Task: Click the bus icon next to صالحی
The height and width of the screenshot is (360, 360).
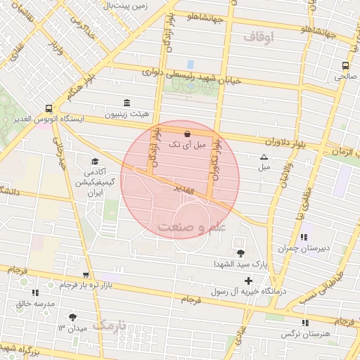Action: coord(345,66)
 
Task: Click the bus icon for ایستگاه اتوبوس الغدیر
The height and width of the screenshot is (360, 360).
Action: coord(49,108)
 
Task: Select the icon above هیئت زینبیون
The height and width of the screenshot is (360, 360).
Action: coord(127,103)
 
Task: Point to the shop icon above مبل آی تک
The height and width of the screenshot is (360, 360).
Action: coord(187,134)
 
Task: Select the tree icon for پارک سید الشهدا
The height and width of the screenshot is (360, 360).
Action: coord(241,253)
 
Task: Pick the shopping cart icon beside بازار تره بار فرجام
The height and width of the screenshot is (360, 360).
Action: coord(86,274)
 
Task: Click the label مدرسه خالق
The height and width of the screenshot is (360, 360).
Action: coord(34,303)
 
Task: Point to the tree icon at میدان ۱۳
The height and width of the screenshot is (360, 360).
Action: coord(72,317)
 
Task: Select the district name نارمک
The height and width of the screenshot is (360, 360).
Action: coord(111,326)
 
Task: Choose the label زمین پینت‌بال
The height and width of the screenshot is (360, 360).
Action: coord(126,6)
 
